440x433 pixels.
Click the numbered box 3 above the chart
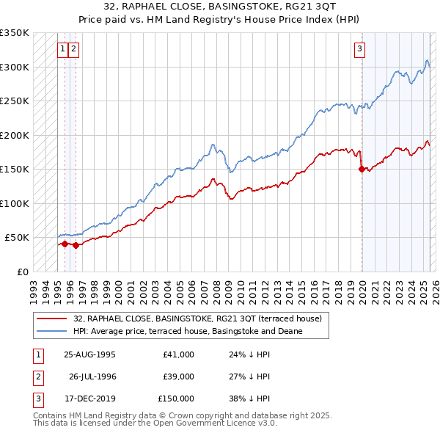[360, 49]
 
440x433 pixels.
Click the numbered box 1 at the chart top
[64, 49]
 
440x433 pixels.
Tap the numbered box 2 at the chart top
[75, 49]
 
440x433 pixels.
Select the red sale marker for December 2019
[362, 170]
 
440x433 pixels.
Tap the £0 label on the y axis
[22, 272]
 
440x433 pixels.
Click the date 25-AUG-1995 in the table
[89, 354]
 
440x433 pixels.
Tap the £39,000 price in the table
[177, 376]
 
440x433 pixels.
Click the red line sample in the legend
[51, 319]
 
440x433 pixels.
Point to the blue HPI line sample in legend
[51, 331]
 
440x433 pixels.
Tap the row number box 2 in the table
[37, 376]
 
